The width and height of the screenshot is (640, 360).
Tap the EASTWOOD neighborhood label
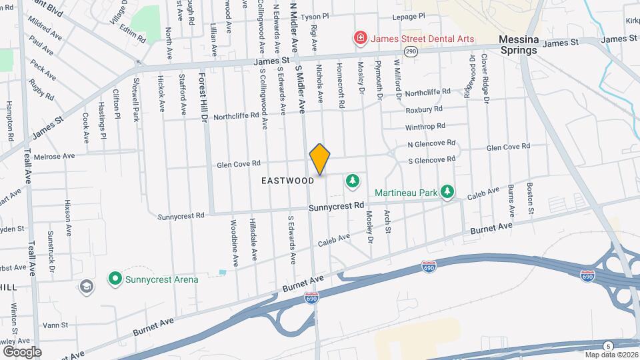click(287, 181)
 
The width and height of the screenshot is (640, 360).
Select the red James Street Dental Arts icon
click(360, 39)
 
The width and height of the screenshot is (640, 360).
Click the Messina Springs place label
click(519, 45)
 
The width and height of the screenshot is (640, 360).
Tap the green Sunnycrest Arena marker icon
click(115, 279)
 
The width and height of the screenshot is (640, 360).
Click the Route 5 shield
click(607, 345)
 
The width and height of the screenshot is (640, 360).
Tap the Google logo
click(22, 351)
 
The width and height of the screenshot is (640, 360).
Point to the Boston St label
click(531, 199)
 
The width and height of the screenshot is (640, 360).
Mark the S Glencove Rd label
click(431, 159)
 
